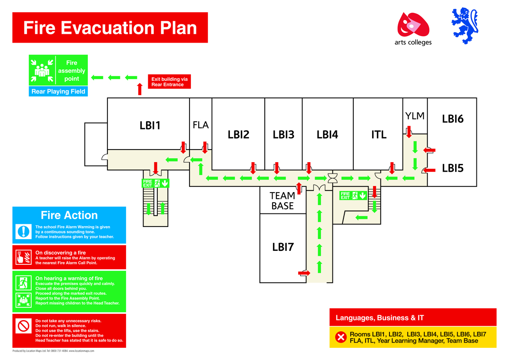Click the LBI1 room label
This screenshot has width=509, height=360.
(150, 125)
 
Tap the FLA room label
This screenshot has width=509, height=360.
(201, 125)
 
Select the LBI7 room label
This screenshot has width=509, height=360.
(283, 247)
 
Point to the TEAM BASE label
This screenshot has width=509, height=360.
(283, 200)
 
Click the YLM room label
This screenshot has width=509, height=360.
(415, 116)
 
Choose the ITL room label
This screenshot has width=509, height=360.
(379, 134)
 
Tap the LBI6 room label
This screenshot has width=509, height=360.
(453, 119)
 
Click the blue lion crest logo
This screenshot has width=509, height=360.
(465, 26)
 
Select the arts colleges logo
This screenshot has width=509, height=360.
(413, 29)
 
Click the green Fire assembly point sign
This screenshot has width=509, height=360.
(58, 70)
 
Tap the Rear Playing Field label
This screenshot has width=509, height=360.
(58, 92)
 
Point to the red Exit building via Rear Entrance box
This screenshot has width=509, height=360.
(169, 81)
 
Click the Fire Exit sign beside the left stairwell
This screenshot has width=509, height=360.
(156, 183)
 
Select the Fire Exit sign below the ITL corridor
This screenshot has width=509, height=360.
(353, 195)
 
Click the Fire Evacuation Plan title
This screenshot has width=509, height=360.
(110, 27)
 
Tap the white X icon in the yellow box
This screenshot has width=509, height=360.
(341, 337)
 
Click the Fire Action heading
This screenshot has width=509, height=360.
(69, 215)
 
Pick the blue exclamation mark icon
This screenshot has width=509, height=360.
(23, 232)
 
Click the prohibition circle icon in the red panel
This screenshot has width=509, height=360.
(23, 326)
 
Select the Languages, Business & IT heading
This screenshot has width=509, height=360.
(380, 318)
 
